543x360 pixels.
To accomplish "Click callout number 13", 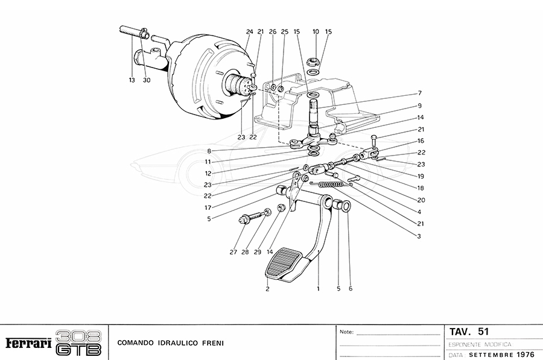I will [x=131, y=80].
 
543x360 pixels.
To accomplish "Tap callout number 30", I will [x=147, y=80].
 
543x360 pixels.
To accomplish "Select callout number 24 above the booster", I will [x=249, y=31].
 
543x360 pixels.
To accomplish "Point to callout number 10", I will [x=316, y=31].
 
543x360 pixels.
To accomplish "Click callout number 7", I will [x=419, y=93].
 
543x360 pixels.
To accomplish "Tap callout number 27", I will [x=233, y=252].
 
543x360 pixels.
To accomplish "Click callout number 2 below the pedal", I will [x=267, y=289].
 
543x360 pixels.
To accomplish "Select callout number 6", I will [x=351, y=289].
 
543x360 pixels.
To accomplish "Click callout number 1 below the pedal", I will [x=318, y=289].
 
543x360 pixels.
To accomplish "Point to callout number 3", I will [x=418, y=236].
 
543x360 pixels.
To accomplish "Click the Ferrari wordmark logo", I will [x=28, y=343].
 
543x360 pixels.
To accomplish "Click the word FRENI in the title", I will [x=212, y=343].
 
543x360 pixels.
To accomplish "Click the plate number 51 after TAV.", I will [x=483, y=332].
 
